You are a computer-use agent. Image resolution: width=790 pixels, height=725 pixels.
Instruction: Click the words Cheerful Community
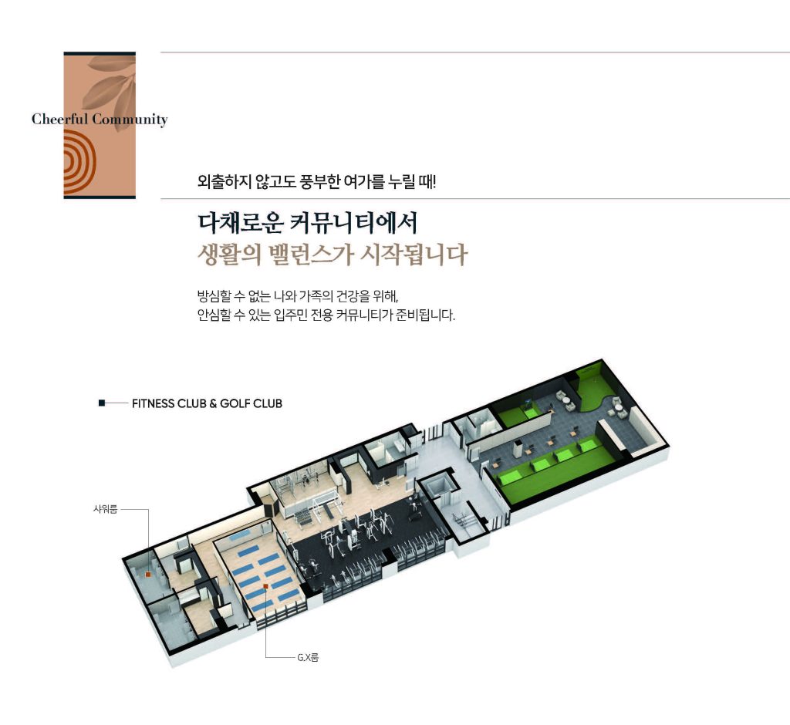[100, 120]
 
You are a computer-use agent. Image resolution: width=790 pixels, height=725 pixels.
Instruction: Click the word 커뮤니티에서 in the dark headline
[353, 223]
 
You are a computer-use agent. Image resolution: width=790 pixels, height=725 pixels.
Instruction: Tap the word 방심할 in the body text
[214, 296]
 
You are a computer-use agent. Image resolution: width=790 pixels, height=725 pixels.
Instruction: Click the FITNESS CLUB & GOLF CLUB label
[207, 403]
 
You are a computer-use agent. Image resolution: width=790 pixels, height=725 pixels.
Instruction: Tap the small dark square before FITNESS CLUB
[102, 403]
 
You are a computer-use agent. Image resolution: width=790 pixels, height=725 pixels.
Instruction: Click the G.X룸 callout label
[307, 658]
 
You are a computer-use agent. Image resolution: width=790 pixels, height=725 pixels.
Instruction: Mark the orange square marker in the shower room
[147, 575]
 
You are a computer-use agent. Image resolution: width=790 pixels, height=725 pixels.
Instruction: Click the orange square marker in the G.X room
[265, 587]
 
